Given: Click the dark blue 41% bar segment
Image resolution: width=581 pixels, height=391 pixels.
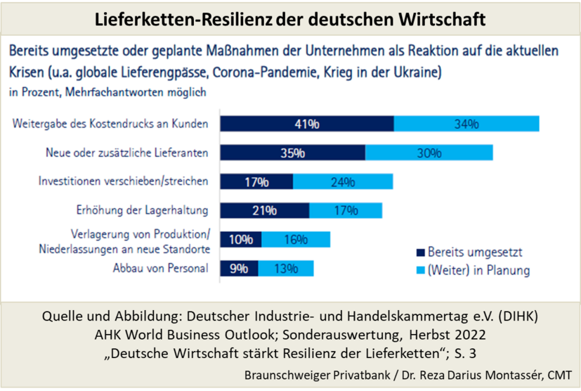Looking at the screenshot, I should [x=307, y=124].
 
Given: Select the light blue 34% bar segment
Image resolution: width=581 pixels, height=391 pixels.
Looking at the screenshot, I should [x=466, y=124].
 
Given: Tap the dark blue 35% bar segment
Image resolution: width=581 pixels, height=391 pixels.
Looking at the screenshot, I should [x=292, y=153].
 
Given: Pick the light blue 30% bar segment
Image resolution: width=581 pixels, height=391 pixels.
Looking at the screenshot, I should [x=429, y=153].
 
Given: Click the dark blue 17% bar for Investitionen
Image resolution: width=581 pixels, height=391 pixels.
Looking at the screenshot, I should [x=256, y=182].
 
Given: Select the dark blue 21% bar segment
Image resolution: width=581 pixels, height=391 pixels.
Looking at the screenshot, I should [x=265, y=210].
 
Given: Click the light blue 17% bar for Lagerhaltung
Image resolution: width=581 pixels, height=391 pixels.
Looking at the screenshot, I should [x=346, y=210].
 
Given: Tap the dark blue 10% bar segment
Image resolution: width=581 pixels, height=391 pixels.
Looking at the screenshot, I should [x=241, y=239].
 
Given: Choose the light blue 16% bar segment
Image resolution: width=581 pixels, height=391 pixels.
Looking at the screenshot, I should [x=295, y=239].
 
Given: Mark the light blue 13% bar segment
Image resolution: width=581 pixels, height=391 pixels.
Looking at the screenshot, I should [x=286, y=268].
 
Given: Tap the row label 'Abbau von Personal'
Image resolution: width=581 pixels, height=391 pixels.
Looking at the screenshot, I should [x=161, y=267].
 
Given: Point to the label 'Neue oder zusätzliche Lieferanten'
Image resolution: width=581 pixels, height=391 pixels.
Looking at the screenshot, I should [x=126, y=152].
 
